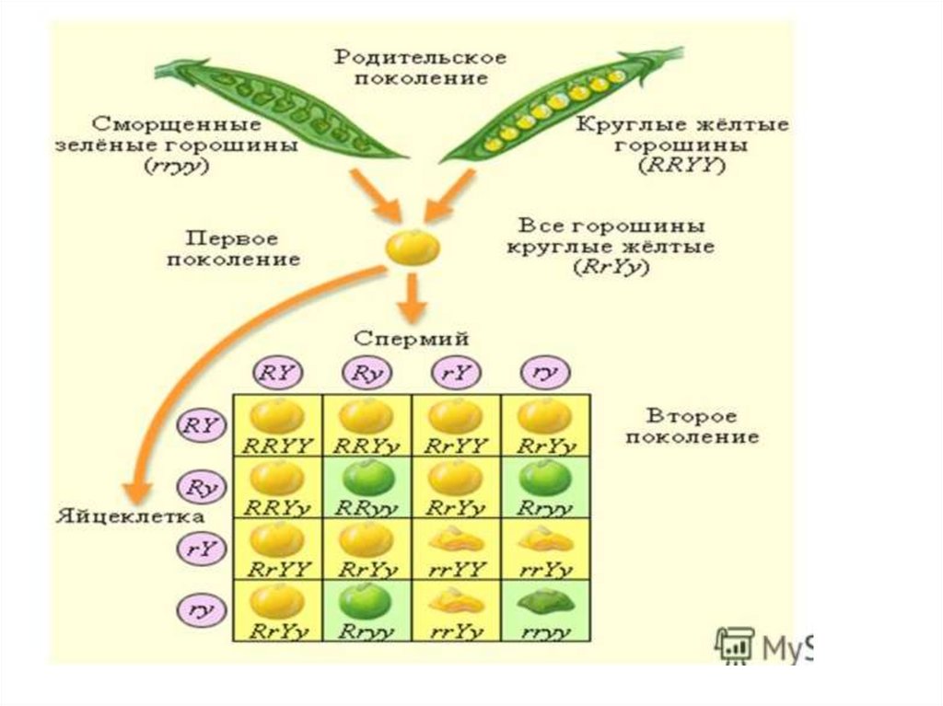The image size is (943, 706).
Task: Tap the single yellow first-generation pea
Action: (411, 248)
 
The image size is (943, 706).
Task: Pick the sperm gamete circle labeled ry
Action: (546, 373)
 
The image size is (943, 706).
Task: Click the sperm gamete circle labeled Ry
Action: (367, 373)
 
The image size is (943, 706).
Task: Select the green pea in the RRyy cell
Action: (366, 478)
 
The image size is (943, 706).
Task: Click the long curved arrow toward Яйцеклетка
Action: (184, 387)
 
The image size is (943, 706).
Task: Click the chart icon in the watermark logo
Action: (734, 645)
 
